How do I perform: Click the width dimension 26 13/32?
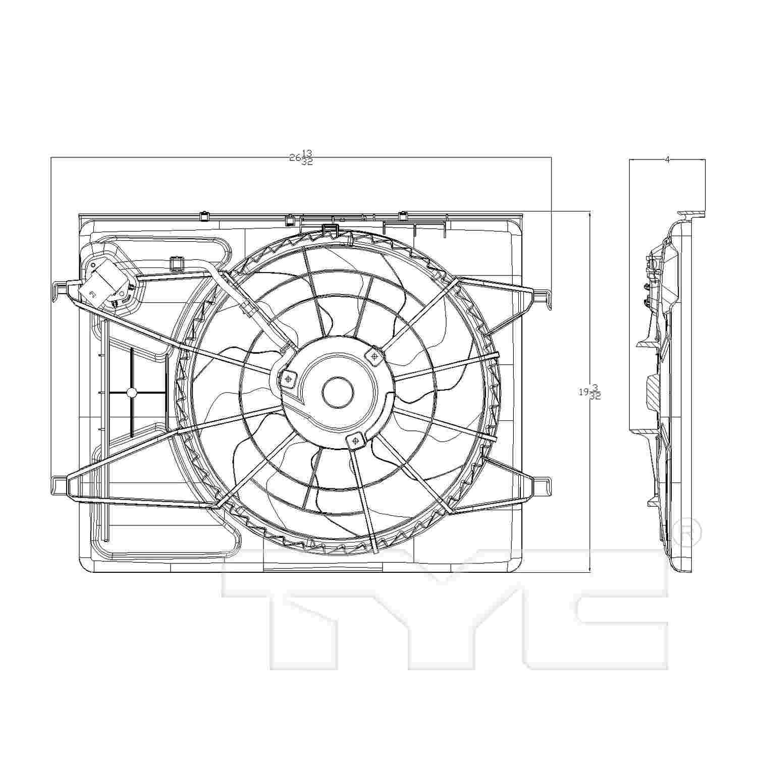tap(301, 158)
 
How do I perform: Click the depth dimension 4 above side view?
tap(667, 159)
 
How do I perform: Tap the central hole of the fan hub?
tap(338, 393)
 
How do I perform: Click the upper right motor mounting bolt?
tap(374, 356)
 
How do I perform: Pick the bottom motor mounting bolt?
tap(355, 441)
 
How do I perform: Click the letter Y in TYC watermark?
tap(444, 606)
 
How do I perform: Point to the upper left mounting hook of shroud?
tap(60, 290)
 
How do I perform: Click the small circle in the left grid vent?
tap(132, 392)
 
